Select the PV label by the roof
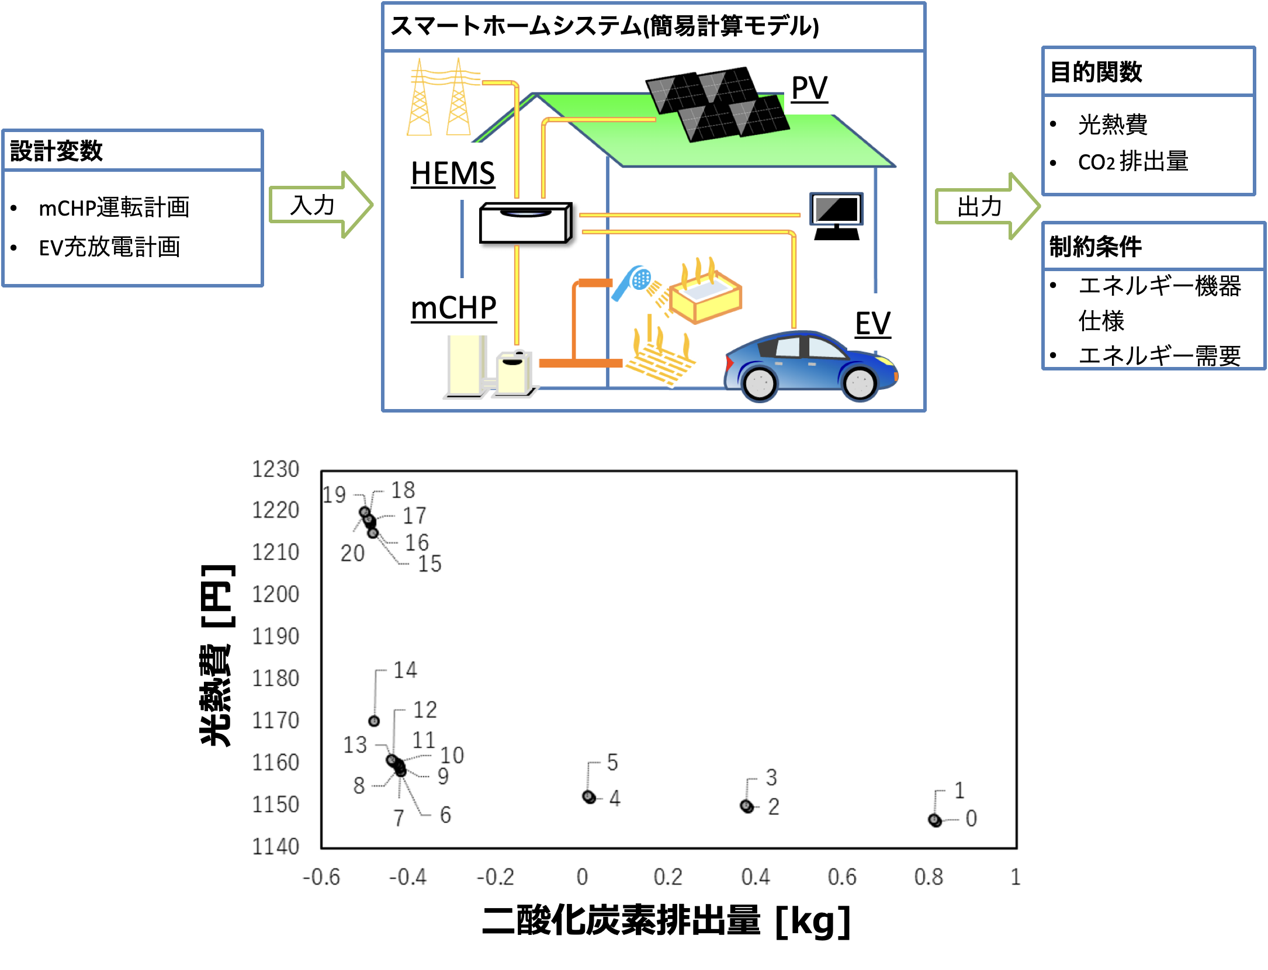point(809,89)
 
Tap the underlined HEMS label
point(453,174)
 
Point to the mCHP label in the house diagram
point(453,308)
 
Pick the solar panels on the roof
point(718,104)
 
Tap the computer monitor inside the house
point(836,214)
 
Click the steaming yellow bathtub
point(705,296)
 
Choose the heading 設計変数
point(57,151)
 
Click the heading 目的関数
point(1096,72)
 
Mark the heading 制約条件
point(1095,247)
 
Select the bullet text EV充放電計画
point(109,247)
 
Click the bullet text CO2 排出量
point(1132,162)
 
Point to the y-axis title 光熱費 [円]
point(217,654)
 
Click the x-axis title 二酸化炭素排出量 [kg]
point(666,922)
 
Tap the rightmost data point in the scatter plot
point(934,820)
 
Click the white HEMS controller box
point(525,223)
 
